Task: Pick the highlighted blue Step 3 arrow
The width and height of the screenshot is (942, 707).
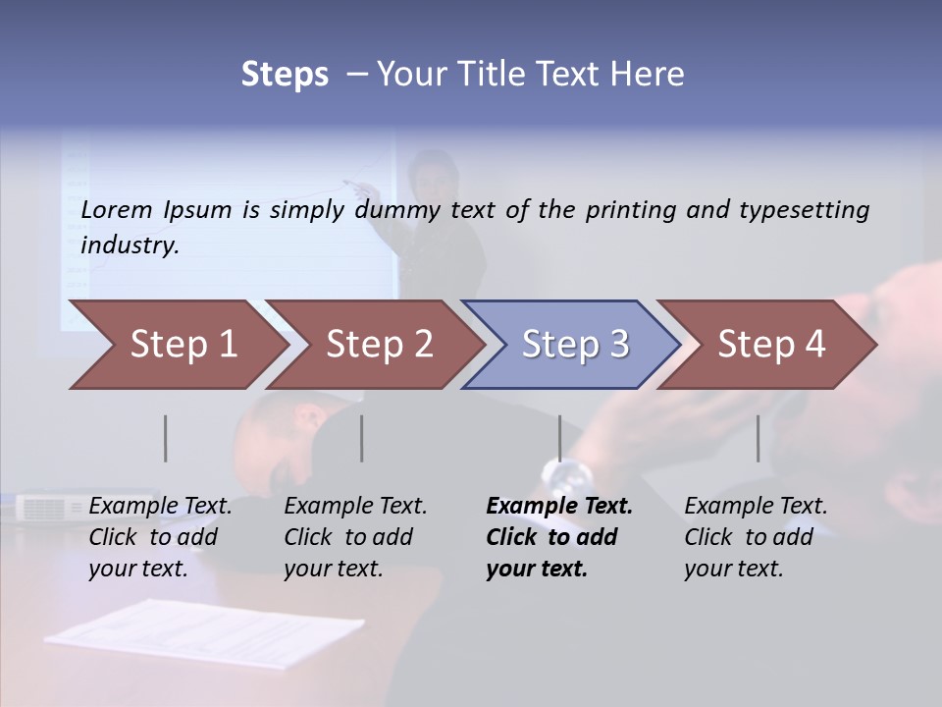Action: (574, 345)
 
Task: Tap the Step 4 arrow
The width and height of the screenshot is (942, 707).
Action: (770, 345)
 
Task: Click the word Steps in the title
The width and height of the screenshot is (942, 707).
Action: (285, 74)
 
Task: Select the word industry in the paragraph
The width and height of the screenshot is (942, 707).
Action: (130, 245)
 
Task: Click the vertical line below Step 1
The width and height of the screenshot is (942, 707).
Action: (166, 438)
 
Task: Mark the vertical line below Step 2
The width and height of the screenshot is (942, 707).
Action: (362, 438)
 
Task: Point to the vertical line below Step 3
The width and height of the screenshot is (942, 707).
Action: (559, 438)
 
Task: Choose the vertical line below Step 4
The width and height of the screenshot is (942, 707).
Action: (758, 438)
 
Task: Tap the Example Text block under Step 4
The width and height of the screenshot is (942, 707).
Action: (756, 537)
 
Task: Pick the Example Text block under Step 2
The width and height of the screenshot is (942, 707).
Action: (355, 537)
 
